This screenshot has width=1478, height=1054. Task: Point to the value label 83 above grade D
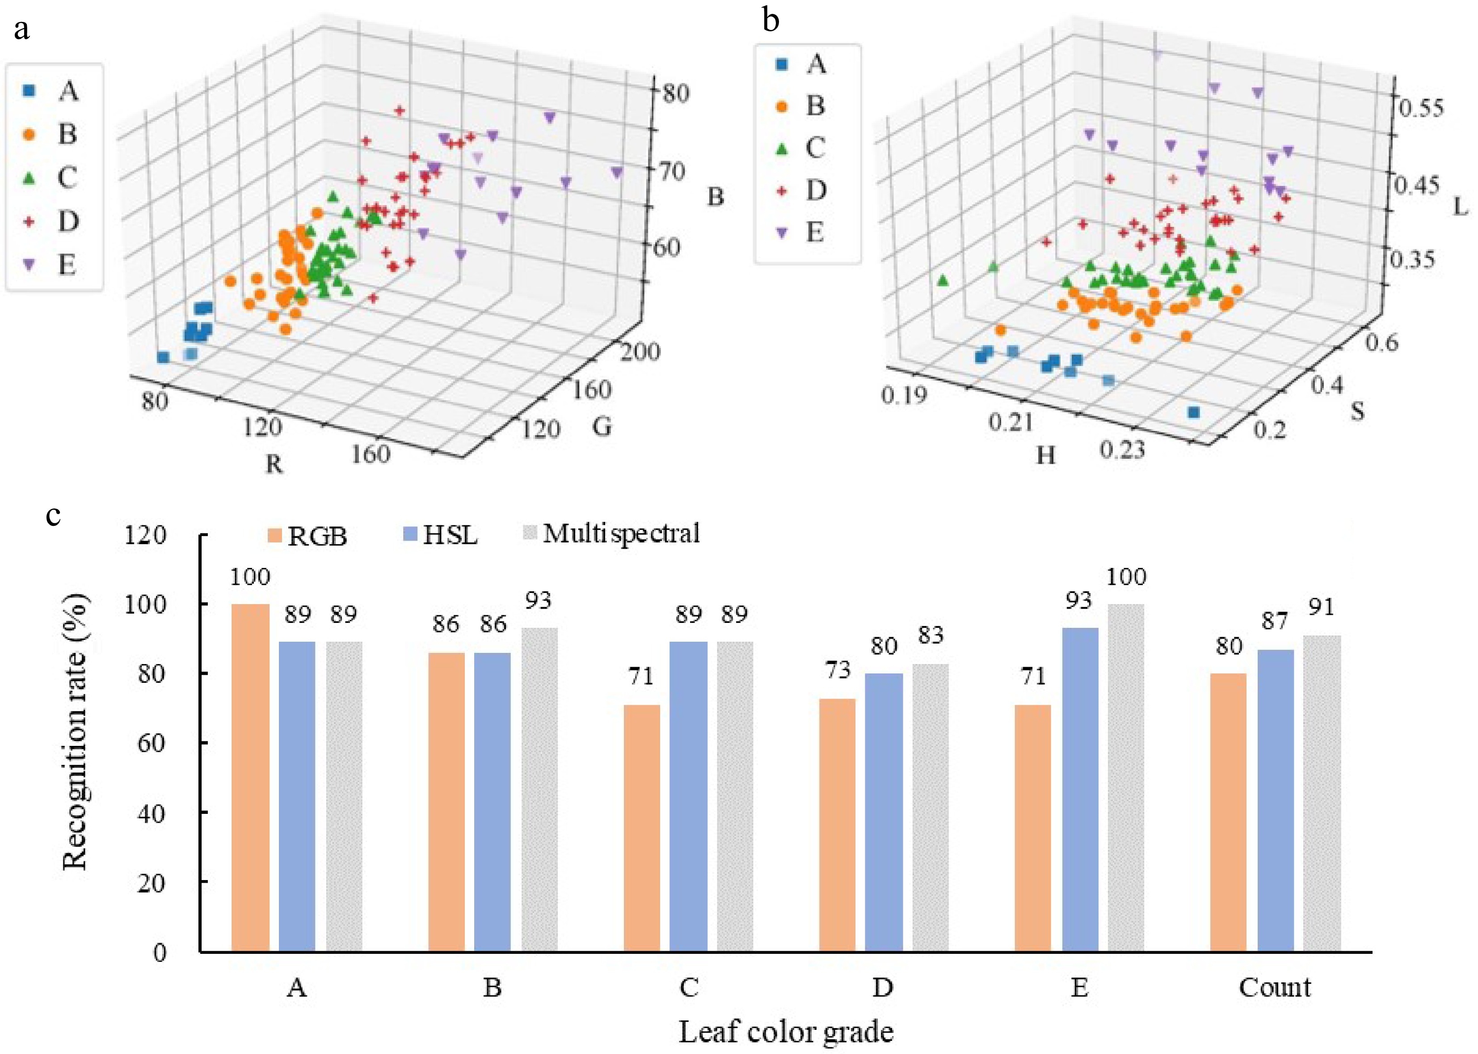(930, 635)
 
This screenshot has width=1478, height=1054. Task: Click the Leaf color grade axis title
(786, 1031)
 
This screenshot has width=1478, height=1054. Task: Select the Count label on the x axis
(1274, 988)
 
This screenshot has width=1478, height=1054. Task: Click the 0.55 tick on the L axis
(1420, 108)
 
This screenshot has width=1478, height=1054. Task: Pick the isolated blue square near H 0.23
(1193, 413)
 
